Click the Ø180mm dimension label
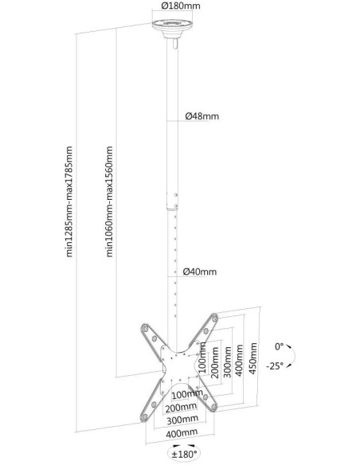coord(181,6)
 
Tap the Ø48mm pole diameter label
coord(202,116)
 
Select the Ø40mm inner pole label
coord(200,272)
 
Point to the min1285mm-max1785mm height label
coord(69,201)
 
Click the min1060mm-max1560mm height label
coord(109,201)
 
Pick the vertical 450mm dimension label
coord(253,358)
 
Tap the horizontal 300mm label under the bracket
coord(182,420)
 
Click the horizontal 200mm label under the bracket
coord(181,408)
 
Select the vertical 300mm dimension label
coord(228,361)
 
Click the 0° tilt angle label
coord(279,346)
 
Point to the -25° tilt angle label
coord(275,366)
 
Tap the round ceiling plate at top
coord(172,28)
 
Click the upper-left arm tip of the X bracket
coord(145,329)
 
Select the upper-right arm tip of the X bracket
coord(214,318)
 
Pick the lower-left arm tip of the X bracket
coord(145,417)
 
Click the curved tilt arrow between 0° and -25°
coord(293,356)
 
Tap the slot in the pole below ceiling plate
coord(174,44)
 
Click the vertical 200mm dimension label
coord(215,362)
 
